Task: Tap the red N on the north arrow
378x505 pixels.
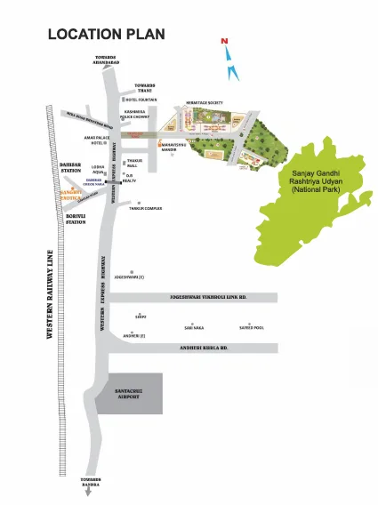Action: [226, 41]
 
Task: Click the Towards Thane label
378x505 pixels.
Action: [146, 88]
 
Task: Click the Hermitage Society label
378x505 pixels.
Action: [205, 103]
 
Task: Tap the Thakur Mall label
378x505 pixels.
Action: [135, 164]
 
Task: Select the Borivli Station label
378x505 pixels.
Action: [75, 218]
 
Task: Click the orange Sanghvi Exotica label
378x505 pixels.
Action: [69, 194]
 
